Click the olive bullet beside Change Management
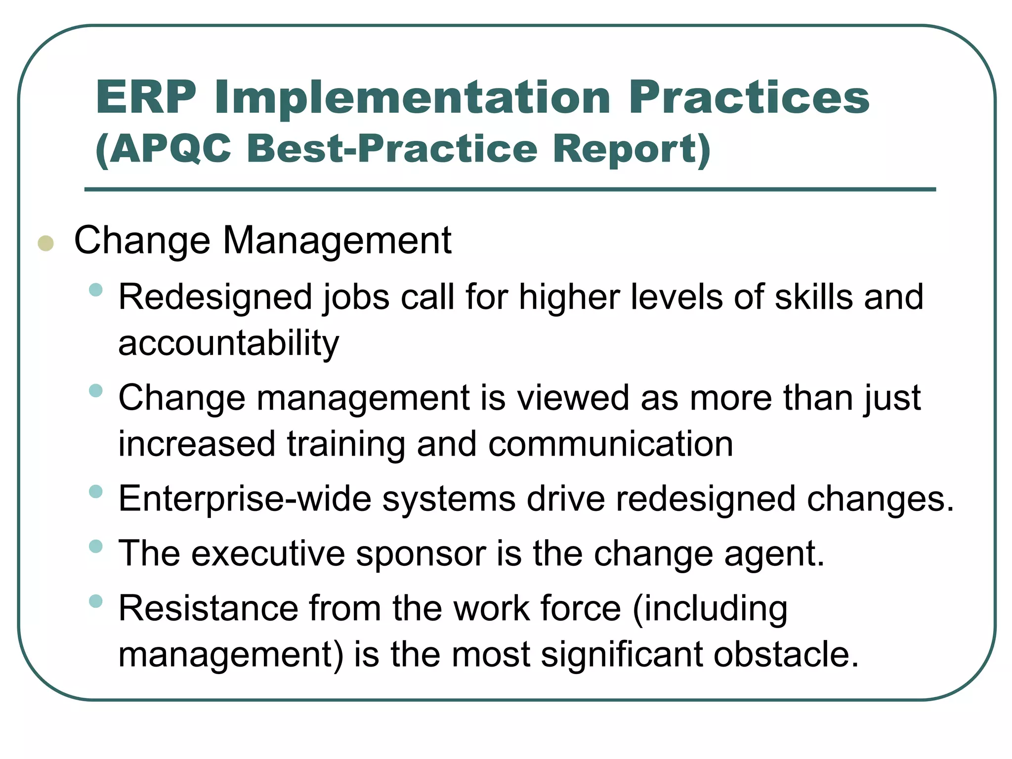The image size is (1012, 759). pyautogui.click(x=45, y=243)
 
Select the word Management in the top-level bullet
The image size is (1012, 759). pyautogui.click(x=337, y=241)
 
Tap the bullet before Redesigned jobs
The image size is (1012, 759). pyautogui.click(x=96, y=290)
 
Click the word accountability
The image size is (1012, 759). pyautogui.click(x=228, y=343)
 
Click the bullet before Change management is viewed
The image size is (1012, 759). pyautogui.click(x=96, y=391)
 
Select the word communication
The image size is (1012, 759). pyautogui.click(x=610, y=444)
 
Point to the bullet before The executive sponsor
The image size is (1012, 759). pyautogui.click(x=96, y=547)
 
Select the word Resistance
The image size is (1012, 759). pyautogui.click(x=209, y=608)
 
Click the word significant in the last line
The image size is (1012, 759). pyautogui.click(x=621, y=654)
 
